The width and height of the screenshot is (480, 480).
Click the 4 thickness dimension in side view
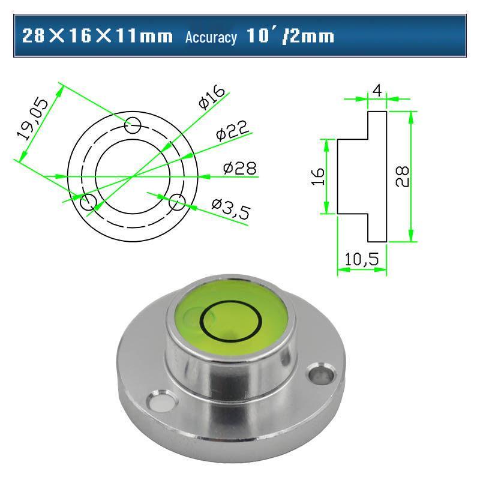point(377,90)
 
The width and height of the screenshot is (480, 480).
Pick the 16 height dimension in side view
point(318,176)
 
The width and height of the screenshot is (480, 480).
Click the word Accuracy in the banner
point(211,37)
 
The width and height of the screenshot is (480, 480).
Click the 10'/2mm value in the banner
point(290,36)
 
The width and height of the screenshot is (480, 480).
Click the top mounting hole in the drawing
point(133,125)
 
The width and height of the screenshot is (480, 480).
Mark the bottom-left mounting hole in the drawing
point(88,202)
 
